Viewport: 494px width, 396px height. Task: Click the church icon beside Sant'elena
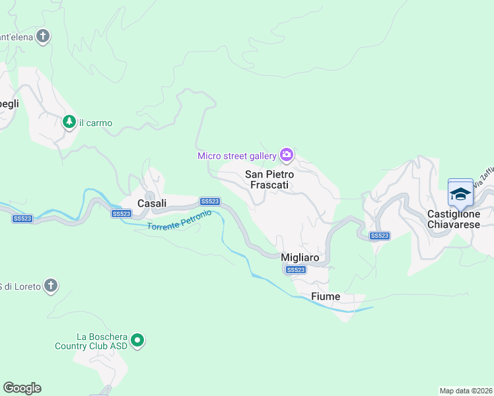pyautogui.click(x=44, y=36)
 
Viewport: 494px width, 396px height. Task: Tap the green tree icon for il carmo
pyautogui.click(x=69, y=122)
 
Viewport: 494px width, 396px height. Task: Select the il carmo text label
pyautogui.click(x=96, y=123)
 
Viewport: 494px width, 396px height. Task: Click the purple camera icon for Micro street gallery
pyautogui.click(x=287, y=155)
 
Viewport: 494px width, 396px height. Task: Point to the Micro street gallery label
pyautogui.click(x=236, y=156)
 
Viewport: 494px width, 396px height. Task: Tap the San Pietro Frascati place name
pyautogui.click(x=267, y=180)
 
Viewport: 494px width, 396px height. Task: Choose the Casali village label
pyautogui.click(x=151, y=203)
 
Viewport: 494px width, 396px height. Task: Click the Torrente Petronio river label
pyautogui.click(x=179, y=221)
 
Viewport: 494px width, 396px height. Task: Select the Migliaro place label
pyautogui.click(x=300, y=257)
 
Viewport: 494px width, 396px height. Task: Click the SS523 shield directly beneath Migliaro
pyautogui.click(x=295, y=270)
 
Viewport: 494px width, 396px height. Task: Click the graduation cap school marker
pyautogui.click(x=460, y=193)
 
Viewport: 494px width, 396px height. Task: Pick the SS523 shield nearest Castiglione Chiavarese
pyautogui.click(x=379, y=236)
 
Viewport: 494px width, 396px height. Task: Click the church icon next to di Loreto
pyautogui.click(x=51, y=286)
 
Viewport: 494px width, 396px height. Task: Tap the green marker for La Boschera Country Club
pyautogui.click(x=137, y=341)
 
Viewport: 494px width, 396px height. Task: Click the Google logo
pyautogui.click(x=22, y=388)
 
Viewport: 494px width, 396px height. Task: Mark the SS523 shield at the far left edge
pyautogui.click(x=22, y=218)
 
